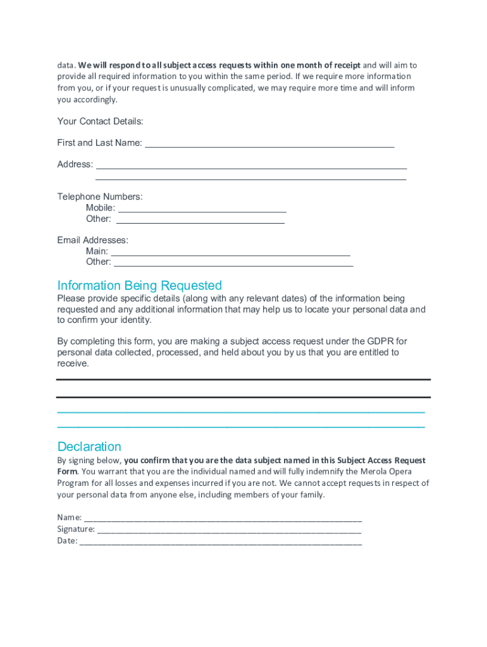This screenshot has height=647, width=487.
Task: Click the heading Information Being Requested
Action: [x=139, y=286]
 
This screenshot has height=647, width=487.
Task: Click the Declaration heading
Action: [x=89, y=447]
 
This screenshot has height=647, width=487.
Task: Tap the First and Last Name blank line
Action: [x=269, y=144]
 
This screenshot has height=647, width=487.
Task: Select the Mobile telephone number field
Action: [x=202, y=209]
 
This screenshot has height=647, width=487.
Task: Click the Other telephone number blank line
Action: [x=200, y=220]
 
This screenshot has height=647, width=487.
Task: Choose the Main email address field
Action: [x=230, y=252]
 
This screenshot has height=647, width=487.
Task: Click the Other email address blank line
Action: [x=233, y=263]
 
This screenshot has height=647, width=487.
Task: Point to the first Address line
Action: [x=250, y=166]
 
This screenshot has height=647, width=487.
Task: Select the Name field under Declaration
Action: [x=223, y=518]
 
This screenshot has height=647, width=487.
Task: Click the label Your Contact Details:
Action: [x=100, y=121]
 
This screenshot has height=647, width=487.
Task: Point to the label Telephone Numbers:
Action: [x=100, y=197]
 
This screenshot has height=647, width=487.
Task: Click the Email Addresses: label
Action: [x=92, y=240]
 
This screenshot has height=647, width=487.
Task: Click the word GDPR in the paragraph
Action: [x=380, y=341]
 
